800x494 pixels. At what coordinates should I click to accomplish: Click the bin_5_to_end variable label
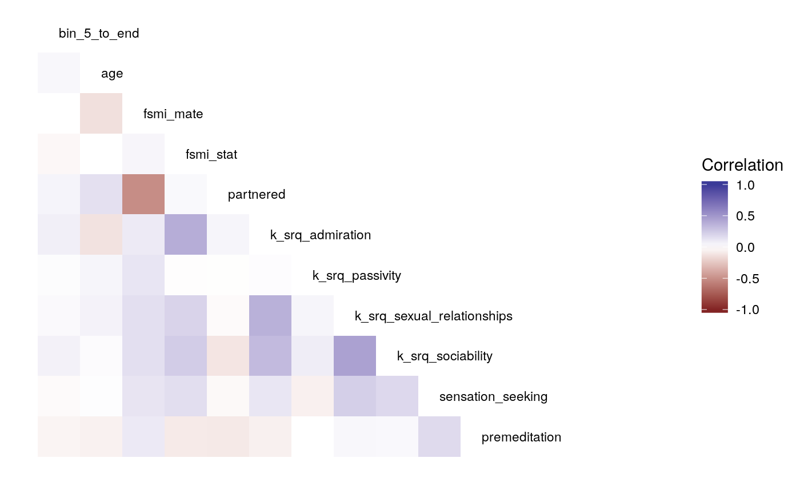click(x=99, y=34)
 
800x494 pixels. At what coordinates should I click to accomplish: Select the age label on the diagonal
click(x=112, y=74)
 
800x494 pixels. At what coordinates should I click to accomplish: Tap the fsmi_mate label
click(x=173, y=114)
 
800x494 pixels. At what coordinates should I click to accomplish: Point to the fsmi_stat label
click(x=211, y=154)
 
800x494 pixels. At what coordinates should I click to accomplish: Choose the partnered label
click(x=257, y=195)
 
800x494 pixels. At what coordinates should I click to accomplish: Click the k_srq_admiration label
click(x=321, y=235)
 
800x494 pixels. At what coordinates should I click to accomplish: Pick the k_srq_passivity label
click(x=357, y=276)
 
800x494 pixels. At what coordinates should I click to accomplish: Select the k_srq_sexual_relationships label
click(x=433, y=316)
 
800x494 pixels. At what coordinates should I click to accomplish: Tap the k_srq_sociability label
click(x=445, y=356)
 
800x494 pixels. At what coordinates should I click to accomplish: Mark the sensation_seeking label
click(x=493, y=397)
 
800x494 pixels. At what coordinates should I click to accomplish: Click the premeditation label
click(x=521, y=437)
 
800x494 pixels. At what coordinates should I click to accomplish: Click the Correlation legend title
click(x=742, y=165)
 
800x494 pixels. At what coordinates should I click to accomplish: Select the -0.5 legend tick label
click(x=743, y=279)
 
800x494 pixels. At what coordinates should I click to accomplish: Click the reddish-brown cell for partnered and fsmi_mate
click(x=143, y=194)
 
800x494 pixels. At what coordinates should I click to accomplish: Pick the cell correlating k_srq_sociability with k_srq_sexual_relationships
click(x=355, y=356)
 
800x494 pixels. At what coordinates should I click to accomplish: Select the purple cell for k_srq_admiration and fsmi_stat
click(x=186, y=235)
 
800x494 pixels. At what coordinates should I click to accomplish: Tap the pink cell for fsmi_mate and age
click(x=101, y=114)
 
